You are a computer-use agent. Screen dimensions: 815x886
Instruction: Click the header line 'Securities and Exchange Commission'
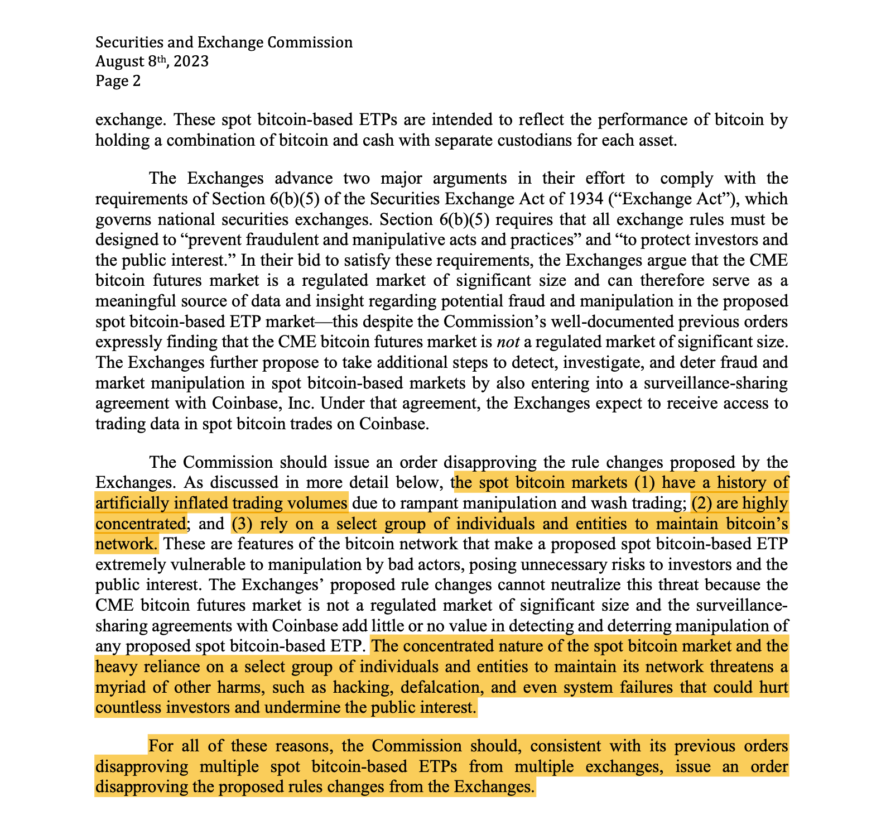click(224, 42)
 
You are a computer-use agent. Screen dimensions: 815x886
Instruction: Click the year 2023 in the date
click(191, 61)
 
